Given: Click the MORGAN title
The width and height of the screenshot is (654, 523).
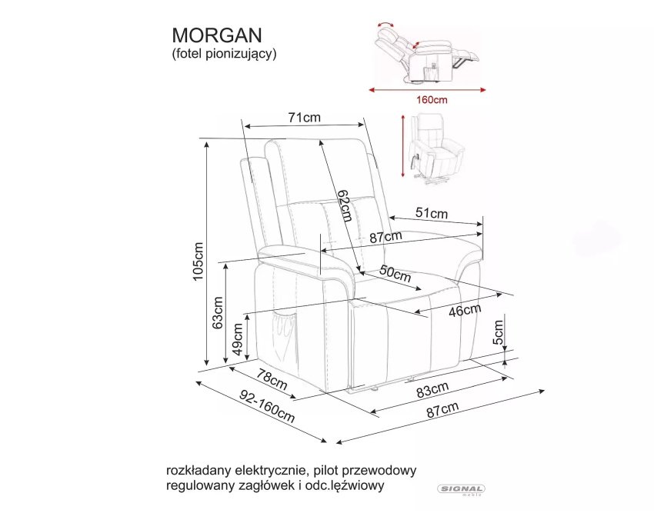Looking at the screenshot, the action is coord(217,35).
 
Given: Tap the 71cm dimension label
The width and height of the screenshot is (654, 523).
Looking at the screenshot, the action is coord(305,118).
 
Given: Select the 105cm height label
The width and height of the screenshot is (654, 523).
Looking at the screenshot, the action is coord(198,261).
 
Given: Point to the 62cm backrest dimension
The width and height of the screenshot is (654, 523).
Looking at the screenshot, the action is coord(345,205).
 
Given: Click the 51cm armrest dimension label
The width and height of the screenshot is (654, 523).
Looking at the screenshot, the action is coord(432,213).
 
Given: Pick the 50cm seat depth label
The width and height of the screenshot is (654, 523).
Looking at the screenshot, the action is coord(395,274).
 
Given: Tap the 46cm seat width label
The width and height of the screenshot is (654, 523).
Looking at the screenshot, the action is coord(465,310).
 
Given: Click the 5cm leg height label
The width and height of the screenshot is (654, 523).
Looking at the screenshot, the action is coord(498,332).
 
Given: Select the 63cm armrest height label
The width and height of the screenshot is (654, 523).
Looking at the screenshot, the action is coord(218,313).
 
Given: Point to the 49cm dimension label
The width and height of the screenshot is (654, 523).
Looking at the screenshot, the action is coord(237,339).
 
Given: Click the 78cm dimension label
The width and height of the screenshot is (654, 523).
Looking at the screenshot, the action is coord(272,379).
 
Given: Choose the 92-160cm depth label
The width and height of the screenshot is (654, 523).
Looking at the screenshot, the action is coord(267,406).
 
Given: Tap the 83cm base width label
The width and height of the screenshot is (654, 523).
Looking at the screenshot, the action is coord(432,389).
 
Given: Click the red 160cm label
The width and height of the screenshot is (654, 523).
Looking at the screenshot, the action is coord(432,100).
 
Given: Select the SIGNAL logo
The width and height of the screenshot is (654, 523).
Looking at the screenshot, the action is coord(461,489).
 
